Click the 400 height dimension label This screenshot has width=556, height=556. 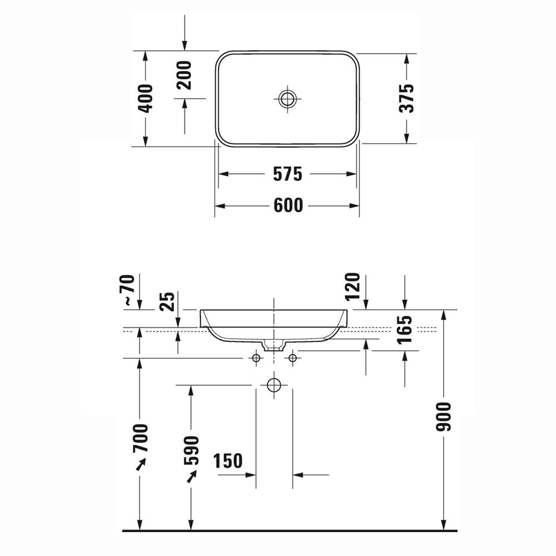pos(145,98)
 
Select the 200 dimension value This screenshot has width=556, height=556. pos(185,75)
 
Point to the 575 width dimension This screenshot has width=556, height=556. pos(287,174)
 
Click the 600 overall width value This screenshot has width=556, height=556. pos(289,206)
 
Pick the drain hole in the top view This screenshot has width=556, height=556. pos(287,100)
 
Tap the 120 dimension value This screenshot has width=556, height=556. pos(353,287)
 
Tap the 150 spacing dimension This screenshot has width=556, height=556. pos(228,461)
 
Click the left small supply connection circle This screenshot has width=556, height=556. pos(256,359)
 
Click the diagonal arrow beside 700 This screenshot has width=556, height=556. pos(141,464)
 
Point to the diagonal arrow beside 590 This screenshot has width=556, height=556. pos(192,476)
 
